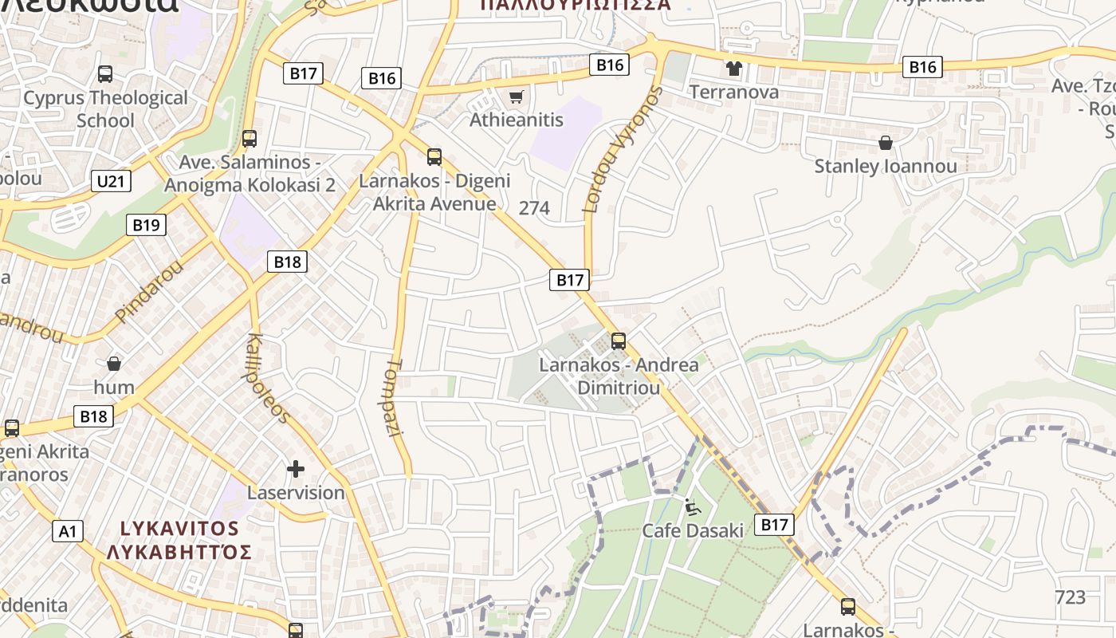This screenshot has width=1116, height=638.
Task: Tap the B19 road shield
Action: click(146, 225)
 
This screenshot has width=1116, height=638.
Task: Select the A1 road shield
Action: click(68, 530)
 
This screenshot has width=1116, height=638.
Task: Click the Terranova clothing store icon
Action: click(733, 69)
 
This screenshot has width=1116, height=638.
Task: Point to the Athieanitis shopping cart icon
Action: click(516, 97)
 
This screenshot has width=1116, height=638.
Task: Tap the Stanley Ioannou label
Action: click(885, 167)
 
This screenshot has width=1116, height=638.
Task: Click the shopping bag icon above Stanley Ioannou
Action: click(885, 143)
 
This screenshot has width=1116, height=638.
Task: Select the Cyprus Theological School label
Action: click(105, 109)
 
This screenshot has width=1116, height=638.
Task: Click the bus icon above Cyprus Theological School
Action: click(105, 74)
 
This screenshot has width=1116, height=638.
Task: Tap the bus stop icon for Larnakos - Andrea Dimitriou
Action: click(618, 341)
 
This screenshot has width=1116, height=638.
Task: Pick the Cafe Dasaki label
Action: click(692, 530)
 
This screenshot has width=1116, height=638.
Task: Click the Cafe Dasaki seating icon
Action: click(692, 506)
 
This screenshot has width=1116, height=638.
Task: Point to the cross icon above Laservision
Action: click(296, 469)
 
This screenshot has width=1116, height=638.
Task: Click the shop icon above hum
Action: click(114, 364)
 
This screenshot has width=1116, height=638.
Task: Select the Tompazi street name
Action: click(394, 396)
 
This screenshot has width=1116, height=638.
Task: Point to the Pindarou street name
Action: click(149, 290)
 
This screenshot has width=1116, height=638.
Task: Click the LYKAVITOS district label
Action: click(179, 528)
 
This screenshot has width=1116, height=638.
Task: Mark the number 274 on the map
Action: click(534, 208)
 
